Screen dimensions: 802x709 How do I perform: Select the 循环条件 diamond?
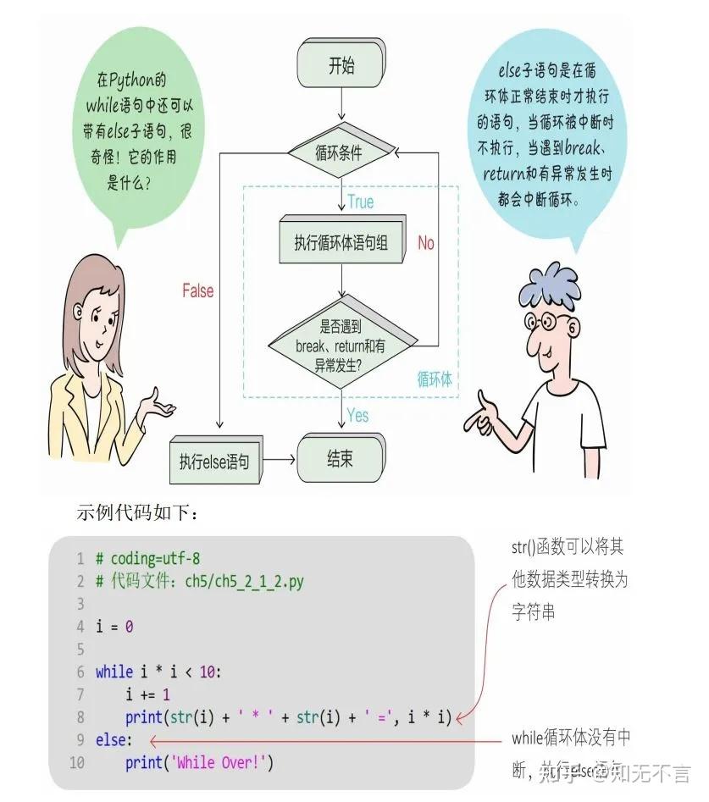click(340, 153)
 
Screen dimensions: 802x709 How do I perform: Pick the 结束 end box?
click(340, 459)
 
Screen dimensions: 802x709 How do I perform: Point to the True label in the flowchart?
click(360, 202)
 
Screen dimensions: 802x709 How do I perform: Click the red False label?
click(198, 290)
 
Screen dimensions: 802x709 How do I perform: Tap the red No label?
click(426, 243)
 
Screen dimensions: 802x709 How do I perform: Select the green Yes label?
click(358, 415)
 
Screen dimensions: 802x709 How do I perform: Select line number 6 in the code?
click(80, 672)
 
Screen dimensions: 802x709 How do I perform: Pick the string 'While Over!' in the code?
click(223, 762)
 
